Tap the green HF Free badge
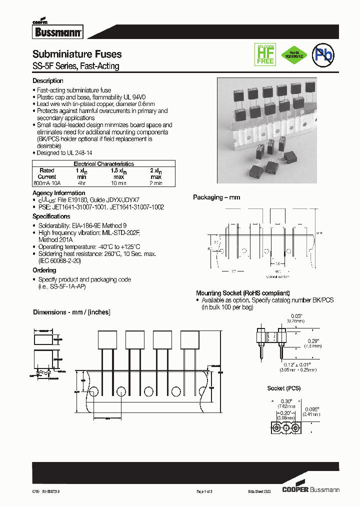coord(265,54)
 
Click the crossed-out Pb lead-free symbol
coord(323,56)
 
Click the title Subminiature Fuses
coord(77,54)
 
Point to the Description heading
coord(48,81)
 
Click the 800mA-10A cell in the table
coord(47,183)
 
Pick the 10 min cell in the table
coord(118,183)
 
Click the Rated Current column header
coord(47,173)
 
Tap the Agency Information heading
coord(58,193)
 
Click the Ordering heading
coord(44,270)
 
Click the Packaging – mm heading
coord(216,197)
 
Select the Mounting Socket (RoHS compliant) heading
coord(242,293)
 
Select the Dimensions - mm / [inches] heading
coord(71,312)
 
